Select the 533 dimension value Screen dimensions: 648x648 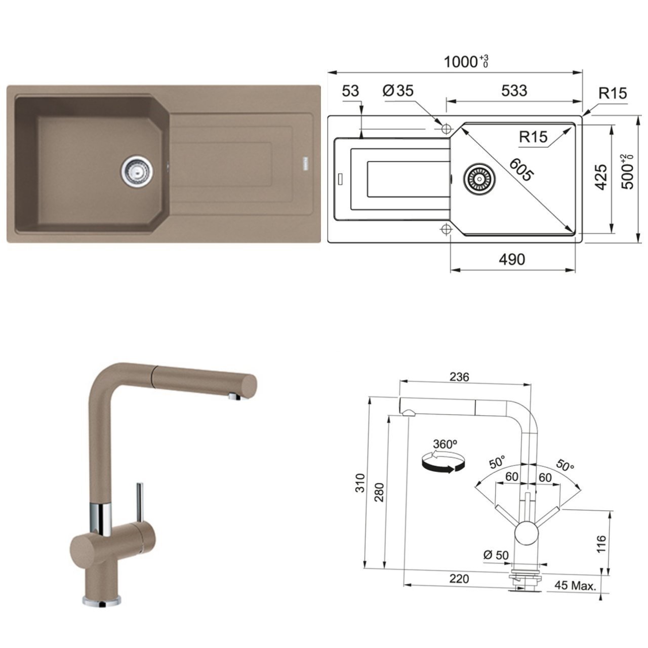[514, 91]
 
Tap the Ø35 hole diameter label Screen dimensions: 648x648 [398, 91]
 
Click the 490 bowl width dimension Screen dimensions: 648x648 [512, 259]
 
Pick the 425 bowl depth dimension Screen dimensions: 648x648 [601, 177]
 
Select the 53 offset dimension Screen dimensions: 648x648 [350, 91]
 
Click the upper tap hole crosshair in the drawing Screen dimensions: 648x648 [447, 129]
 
